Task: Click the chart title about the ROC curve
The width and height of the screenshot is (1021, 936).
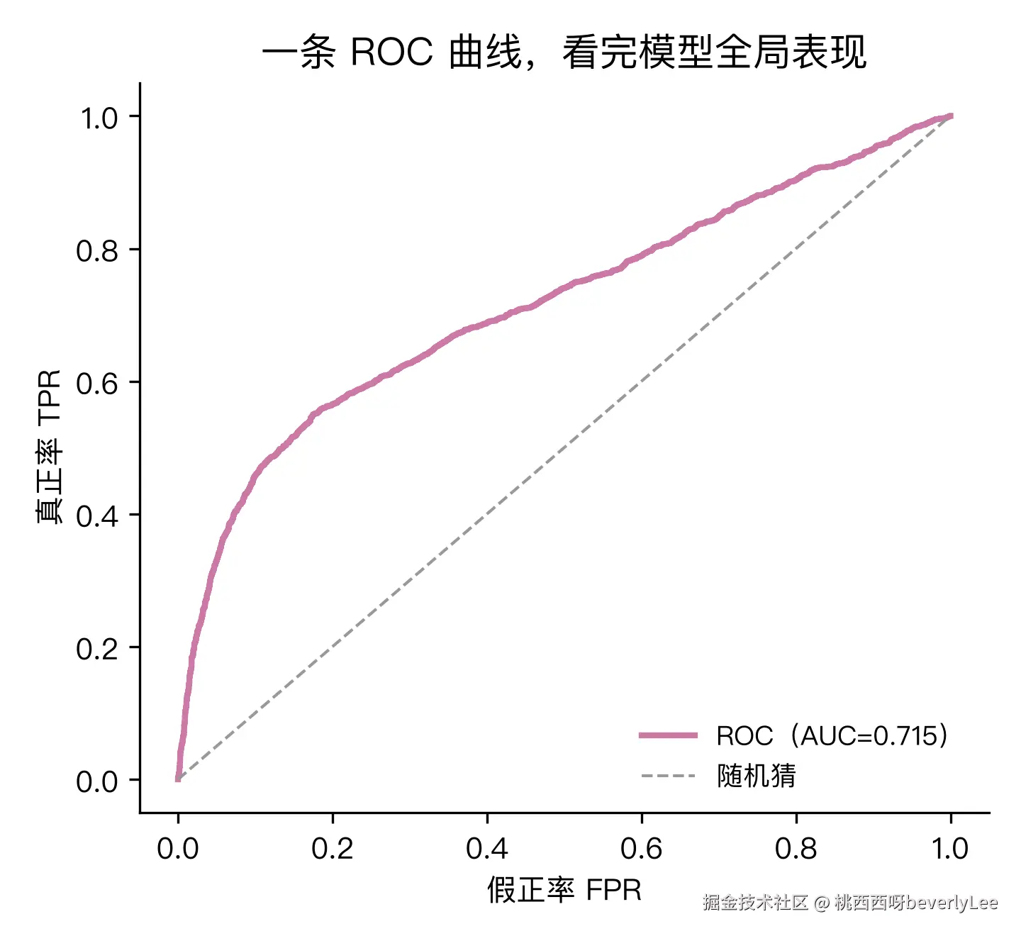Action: click(x=564, y=52)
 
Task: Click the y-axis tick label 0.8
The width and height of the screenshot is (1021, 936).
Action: click(x=97, y=251)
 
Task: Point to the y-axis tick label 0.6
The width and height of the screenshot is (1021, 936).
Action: click(x=97, y=384)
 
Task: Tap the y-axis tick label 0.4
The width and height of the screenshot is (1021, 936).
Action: click(x=97, y=516)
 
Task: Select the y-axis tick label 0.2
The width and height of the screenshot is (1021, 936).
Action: click(x=97, y=650)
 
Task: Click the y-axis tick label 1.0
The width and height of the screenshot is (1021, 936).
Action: click(x=99, y=118)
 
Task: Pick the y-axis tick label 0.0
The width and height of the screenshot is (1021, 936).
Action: click(x=97, y=781)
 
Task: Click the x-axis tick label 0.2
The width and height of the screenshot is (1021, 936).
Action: click(x=333, y=849)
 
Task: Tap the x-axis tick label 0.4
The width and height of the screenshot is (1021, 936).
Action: click(x=487, y=849)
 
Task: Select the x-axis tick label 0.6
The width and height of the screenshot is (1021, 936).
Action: click(x=641, y=849)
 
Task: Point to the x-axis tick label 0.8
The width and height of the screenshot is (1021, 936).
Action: click(x=796, y=849)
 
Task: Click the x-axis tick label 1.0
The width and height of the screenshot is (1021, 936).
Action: click(x=950, y=849)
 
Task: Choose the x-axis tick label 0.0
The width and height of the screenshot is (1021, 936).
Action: click(x=178, y=849)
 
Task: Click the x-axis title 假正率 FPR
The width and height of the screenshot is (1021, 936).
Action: click(x=564, y=890)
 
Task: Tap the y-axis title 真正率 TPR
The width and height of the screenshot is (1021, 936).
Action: click(x=49, y=447)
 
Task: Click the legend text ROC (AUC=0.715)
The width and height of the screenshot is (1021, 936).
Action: click(x=832, y=735)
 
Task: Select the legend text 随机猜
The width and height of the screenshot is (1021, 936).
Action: click(x=757, y=776)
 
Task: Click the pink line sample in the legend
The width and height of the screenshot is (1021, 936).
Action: click(x=668, y=735)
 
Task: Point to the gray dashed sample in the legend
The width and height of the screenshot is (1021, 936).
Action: click(x=668, y=776)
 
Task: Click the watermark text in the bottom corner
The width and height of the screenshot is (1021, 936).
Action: click(x=850, y=903)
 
